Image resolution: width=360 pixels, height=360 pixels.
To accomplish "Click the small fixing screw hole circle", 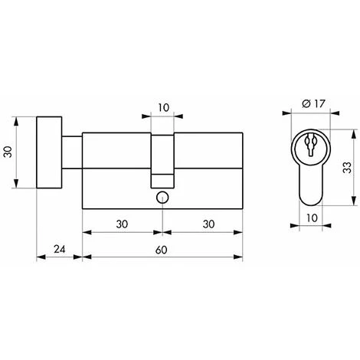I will tap(162, 198).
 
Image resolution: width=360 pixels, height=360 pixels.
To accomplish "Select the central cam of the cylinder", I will tap(162, 157).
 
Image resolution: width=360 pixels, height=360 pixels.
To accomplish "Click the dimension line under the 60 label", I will tap(162, 258).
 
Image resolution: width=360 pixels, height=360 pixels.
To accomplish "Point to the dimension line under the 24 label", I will tap(59, 258).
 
